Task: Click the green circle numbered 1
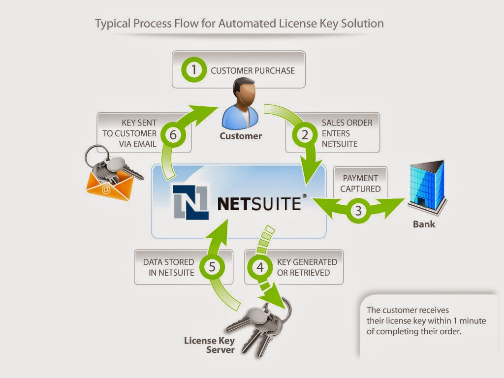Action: [x=194, y=70]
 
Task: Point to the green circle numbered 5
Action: [x=212, y=267]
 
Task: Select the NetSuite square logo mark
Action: [x=190, y=201]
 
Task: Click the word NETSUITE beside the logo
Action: [x=259, y=203]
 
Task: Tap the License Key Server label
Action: [x=209, y=345]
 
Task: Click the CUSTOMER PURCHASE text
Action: [x=252, y=70]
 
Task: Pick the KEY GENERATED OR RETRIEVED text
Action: [x=307, y=267]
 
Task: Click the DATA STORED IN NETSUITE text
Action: [x=168, y=267]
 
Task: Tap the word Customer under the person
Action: [x=241, y=136]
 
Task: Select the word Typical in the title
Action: [x=113, y=23]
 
